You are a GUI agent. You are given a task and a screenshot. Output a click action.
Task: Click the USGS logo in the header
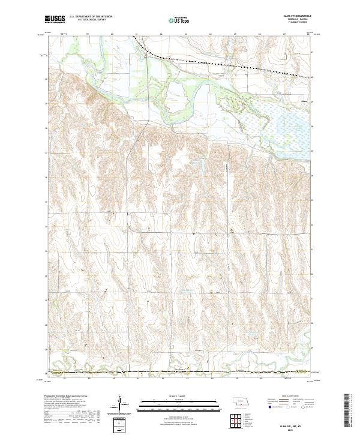[x=55, y=19]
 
